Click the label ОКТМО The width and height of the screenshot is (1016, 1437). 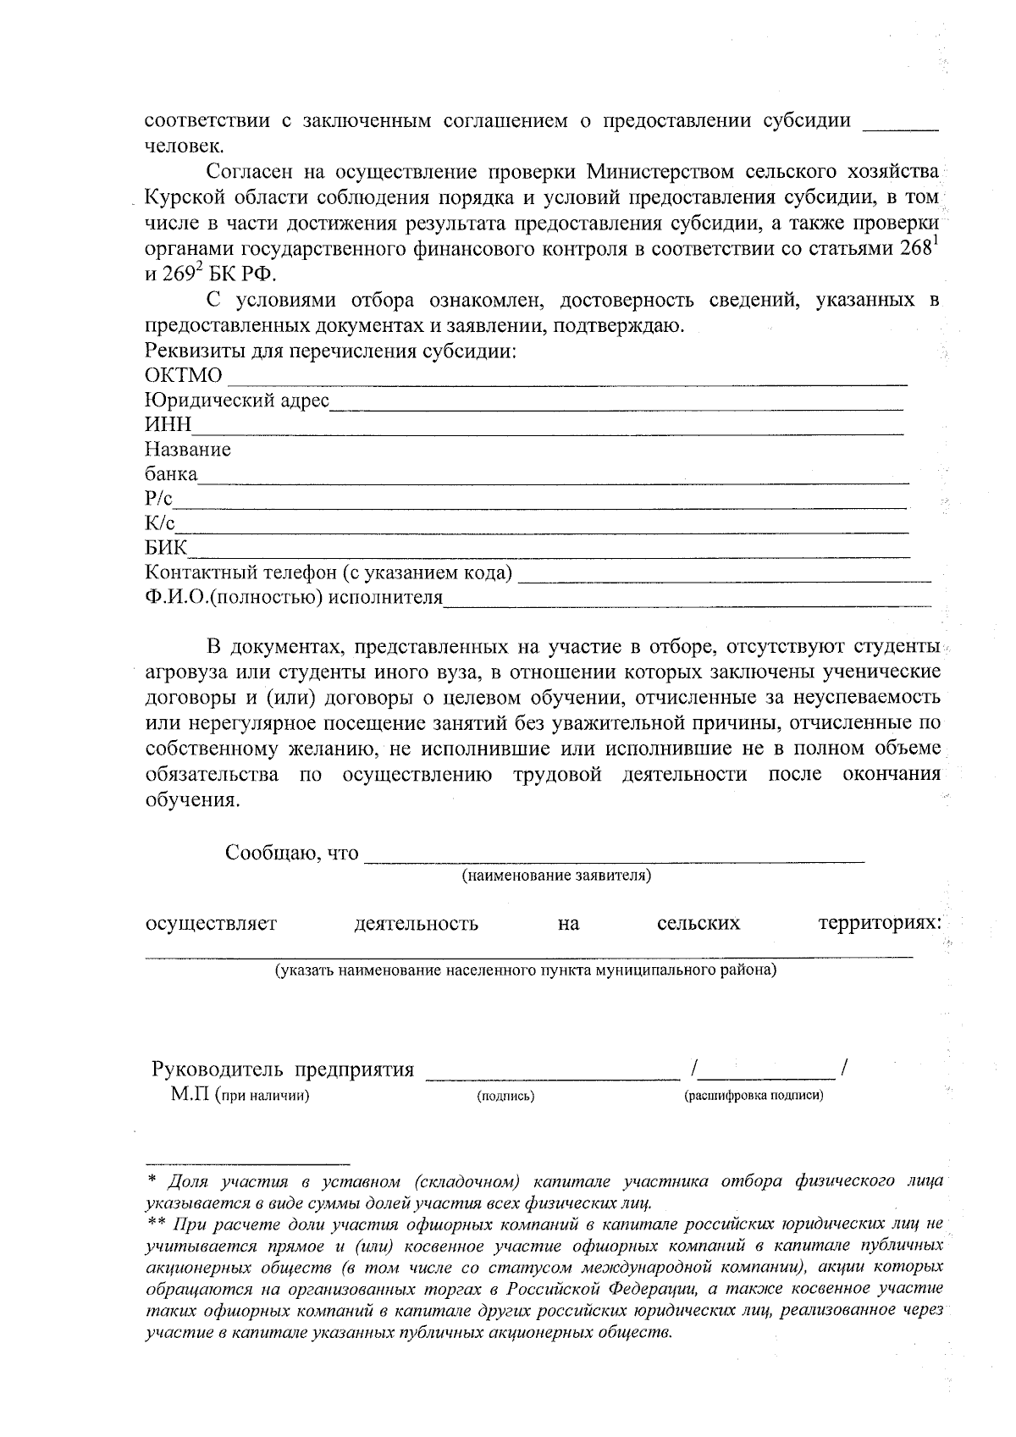coord(184,375)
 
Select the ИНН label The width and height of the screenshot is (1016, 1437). coord(168,424)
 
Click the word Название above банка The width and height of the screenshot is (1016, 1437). coord(188,450)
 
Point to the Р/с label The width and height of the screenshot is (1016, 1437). coord(158,499)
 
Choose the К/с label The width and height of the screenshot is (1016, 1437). coord(160,523)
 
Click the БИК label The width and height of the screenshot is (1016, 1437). coord(167,548)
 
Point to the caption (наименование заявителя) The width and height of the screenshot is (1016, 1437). coord(556,875)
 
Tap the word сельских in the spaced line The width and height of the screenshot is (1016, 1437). coord(698,923)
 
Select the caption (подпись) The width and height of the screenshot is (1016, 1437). coord(505,1096)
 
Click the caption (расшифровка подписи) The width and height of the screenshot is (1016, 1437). coord(754,1096)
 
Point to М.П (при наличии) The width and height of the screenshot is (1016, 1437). coord(240,1095)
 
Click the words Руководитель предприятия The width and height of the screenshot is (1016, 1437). coord(283,1069)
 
